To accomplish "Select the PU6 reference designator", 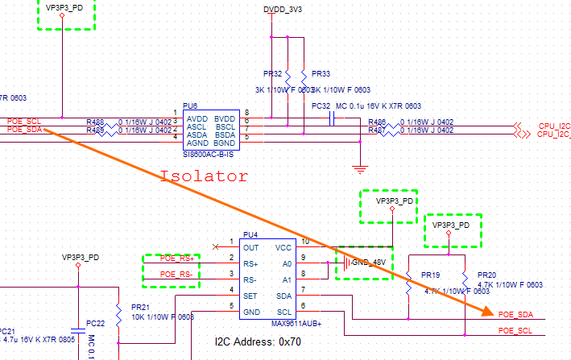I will point(190,106).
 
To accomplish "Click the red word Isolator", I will point(204,175).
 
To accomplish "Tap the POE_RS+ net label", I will point(176,259).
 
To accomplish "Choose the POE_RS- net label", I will point(176,275).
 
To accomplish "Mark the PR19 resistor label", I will point(429,275).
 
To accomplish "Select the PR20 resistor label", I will point(486,275).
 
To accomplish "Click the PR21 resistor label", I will point(140,307).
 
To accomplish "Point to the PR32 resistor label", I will point(272,72).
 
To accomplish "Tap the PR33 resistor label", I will point(320,72).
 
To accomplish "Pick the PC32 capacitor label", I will point(321,106).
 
